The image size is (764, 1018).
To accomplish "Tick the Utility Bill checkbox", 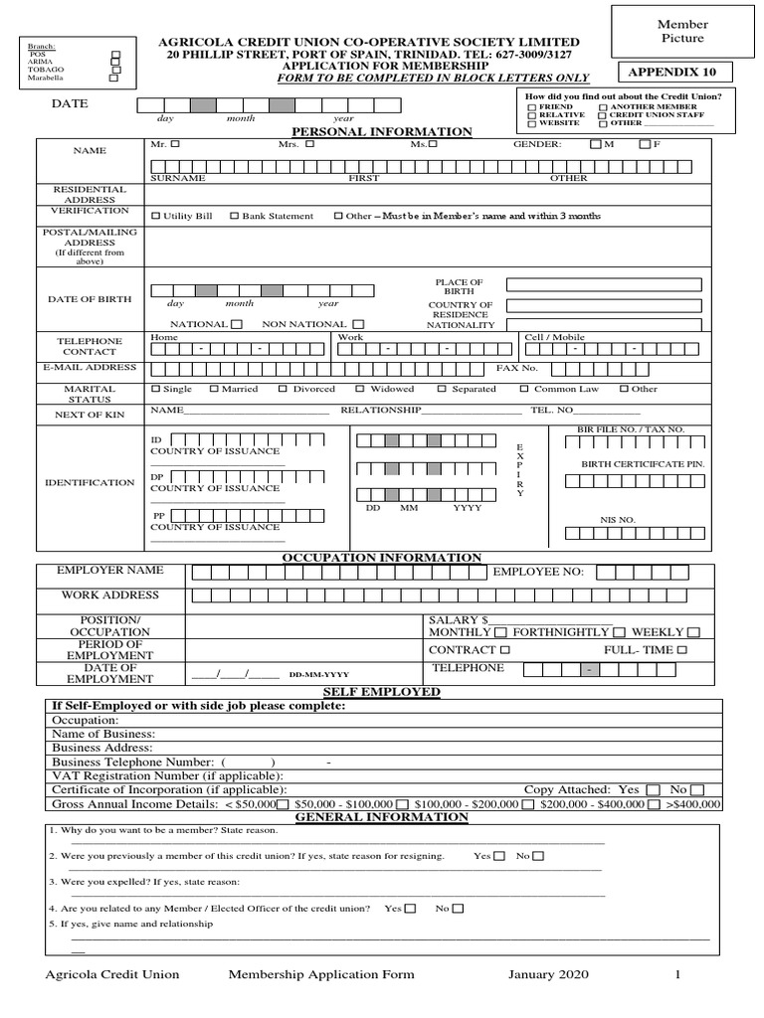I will tap(154, 216).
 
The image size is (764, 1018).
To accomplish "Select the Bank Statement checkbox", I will tap(234, 216).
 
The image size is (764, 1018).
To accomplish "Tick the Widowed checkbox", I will tap(360, 389).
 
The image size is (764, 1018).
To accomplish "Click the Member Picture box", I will tap(682, 31).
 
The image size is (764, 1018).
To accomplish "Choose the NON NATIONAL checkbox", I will tap(358, 324).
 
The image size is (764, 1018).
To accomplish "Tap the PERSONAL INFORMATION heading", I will tap(381, 131).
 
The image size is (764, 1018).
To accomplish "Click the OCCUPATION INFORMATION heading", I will tap(382, 558).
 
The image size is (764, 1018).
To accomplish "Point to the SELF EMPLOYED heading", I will tap(382, 692).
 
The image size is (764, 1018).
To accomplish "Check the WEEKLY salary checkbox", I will tap(693, 632).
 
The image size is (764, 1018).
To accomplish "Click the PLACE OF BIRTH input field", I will tap(608, 285).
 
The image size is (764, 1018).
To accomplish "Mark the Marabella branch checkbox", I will tap(112, 79).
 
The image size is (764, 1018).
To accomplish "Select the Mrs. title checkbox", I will tap(309, 144).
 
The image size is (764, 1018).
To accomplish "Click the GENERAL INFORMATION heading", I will tap(382, 817).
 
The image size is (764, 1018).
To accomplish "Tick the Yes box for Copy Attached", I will tap(653, 789).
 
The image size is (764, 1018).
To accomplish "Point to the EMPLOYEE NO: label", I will tap(538, 572).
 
